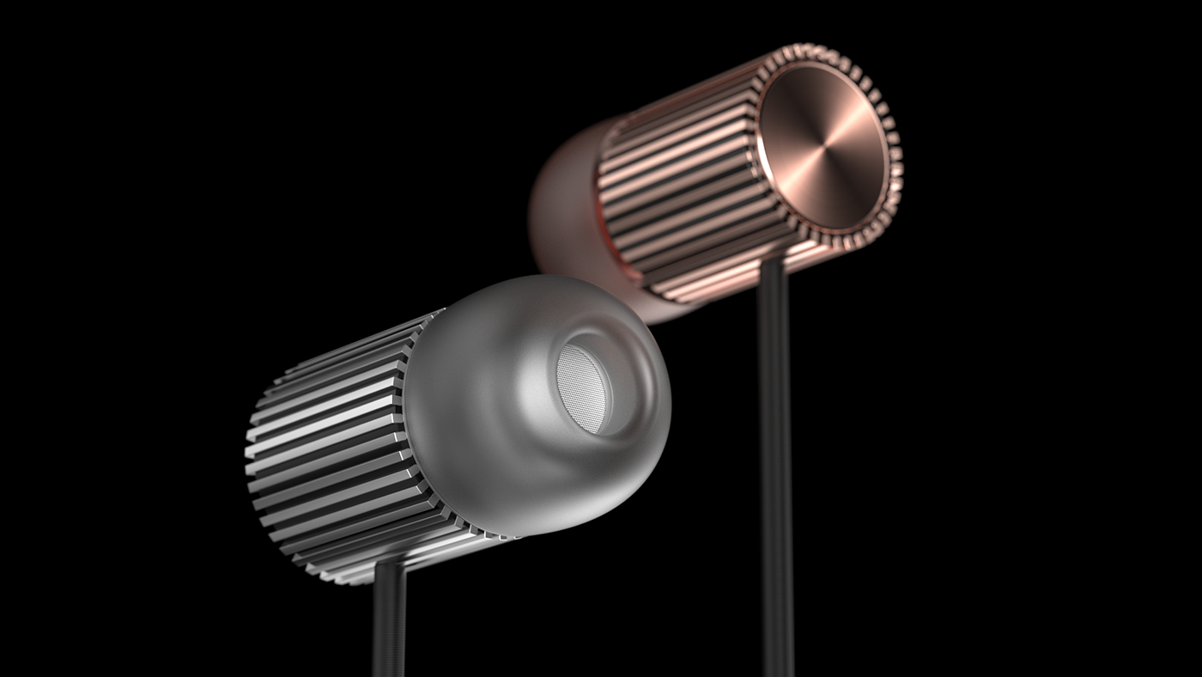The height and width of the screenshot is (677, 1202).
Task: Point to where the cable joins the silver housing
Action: pyautogui.click(x=389, y=567)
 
